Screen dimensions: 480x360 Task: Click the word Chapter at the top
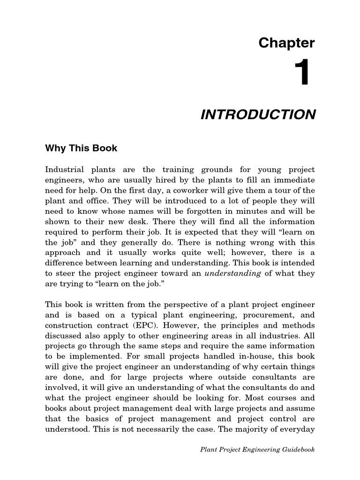point(286,44)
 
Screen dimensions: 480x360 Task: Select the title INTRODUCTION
point(258,115)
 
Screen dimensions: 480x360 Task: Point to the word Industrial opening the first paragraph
point(64,170)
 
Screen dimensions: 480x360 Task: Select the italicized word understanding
point(233,273)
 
